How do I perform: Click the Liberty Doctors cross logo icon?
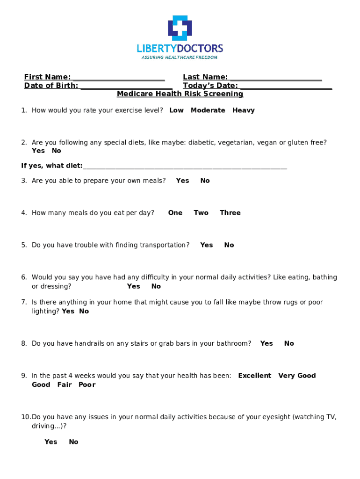coord(180,28)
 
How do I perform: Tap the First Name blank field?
coord(118,78)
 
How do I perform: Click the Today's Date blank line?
coord(285,86)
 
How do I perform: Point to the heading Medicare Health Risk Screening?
coord(180,94)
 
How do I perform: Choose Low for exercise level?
coord(176,110)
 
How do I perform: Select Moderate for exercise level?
coord(208,110)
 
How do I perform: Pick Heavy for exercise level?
coord(244,110)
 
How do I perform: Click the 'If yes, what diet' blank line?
coord(185,167)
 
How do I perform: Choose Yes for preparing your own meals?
coord(182,181)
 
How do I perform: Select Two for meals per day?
coord(201,213)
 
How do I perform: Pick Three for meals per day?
coord(230,213)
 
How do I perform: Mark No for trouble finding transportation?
coord(229,245)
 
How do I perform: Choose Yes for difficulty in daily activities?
coord(133,286)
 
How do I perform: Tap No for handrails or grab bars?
coord(289,343)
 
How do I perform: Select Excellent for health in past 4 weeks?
coord(254,376)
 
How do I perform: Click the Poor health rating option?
coord(87,385)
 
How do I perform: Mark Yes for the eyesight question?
coord(51,442)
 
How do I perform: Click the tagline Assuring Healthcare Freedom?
coord(180,58)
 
